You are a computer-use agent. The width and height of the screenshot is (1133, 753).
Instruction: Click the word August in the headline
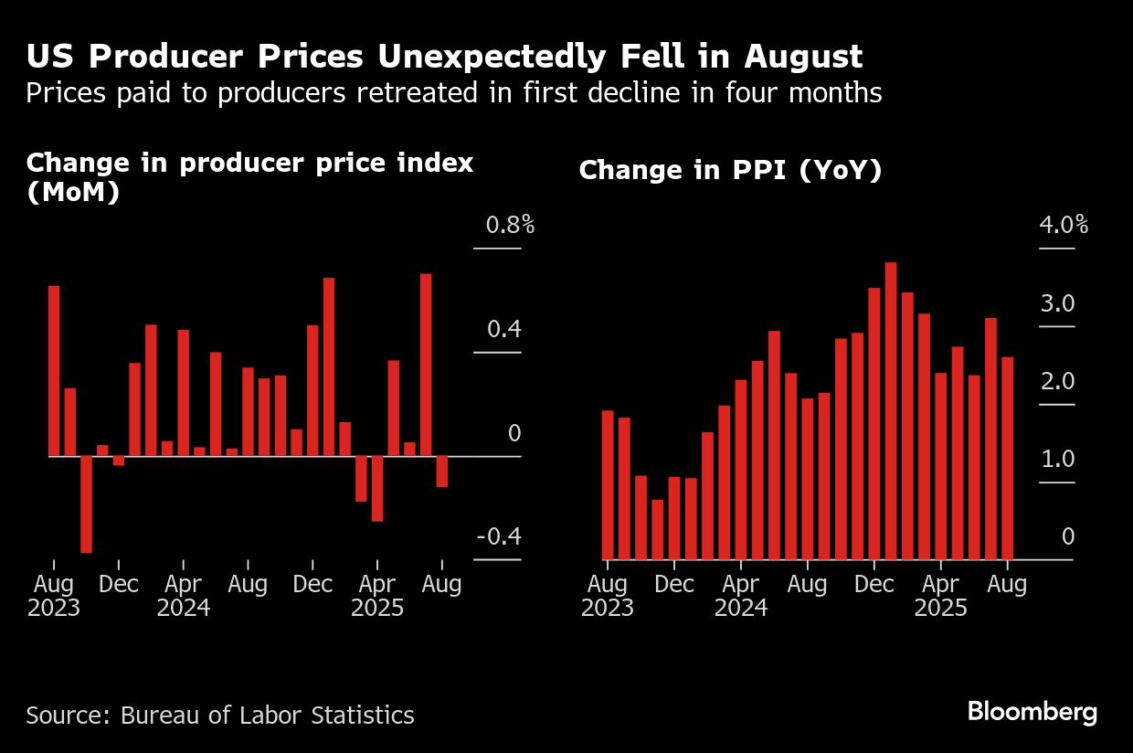(802, 57)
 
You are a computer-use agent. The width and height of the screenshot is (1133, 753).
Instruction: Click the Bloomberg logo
(1032, 713)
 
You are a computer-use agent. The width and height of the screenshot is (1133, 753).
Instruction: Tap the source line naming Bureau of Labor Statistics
(220, 715)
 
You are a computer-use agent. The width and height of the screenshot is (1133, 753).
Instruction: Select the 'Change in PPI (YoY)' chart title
(730, 170)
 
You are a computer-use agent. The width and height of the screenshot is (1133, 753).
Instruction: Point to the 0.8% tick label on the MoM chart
(509, 225)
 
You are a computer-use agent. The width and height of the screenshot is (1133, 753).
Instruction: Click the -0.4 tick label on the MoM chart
(499, 536)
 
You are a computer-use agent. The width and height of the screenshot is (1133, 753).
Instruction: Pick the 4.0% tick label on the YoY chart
(1064, 225)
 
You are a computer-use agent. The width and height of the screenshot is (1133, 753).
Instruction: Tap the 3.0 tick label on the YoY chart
(1057, 303)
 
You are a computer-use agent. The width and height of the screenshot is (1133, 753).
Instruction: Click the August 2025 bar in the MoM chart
(442, 471)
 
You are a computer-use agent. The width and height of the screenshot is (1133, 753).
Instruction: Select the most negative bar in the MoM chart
(86, 504)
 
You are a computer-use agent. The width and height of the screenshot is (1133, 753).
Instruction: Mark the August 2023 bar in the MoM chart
(54, 370)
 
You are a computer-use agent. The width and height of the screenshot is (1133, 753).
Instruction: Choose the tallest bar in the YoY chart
(891, 410)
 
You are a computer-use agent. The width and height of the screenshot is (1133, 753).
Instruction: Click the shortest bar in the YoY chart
(657, 529)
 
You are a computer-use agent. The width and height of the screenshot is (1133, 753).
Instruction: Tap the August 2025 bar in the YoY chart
(1007, 458)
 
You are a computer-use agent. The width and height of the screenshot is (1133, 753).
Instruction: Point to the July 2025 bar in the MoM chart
(426, 364)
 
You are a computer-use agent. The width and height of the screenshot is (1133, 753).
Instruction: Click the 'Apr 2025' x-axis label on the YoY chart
(940, 596)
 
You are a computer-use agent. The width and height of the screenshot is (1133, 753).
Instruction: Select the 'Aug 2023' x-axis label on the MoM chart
(54, 596)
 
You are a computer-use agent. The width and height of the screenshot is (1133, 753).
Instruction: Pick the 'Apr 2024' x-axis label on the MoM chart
(184, 596)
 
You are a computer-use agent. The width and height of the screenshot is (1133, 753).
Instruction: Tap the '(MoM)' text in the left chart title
(73, 193)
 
